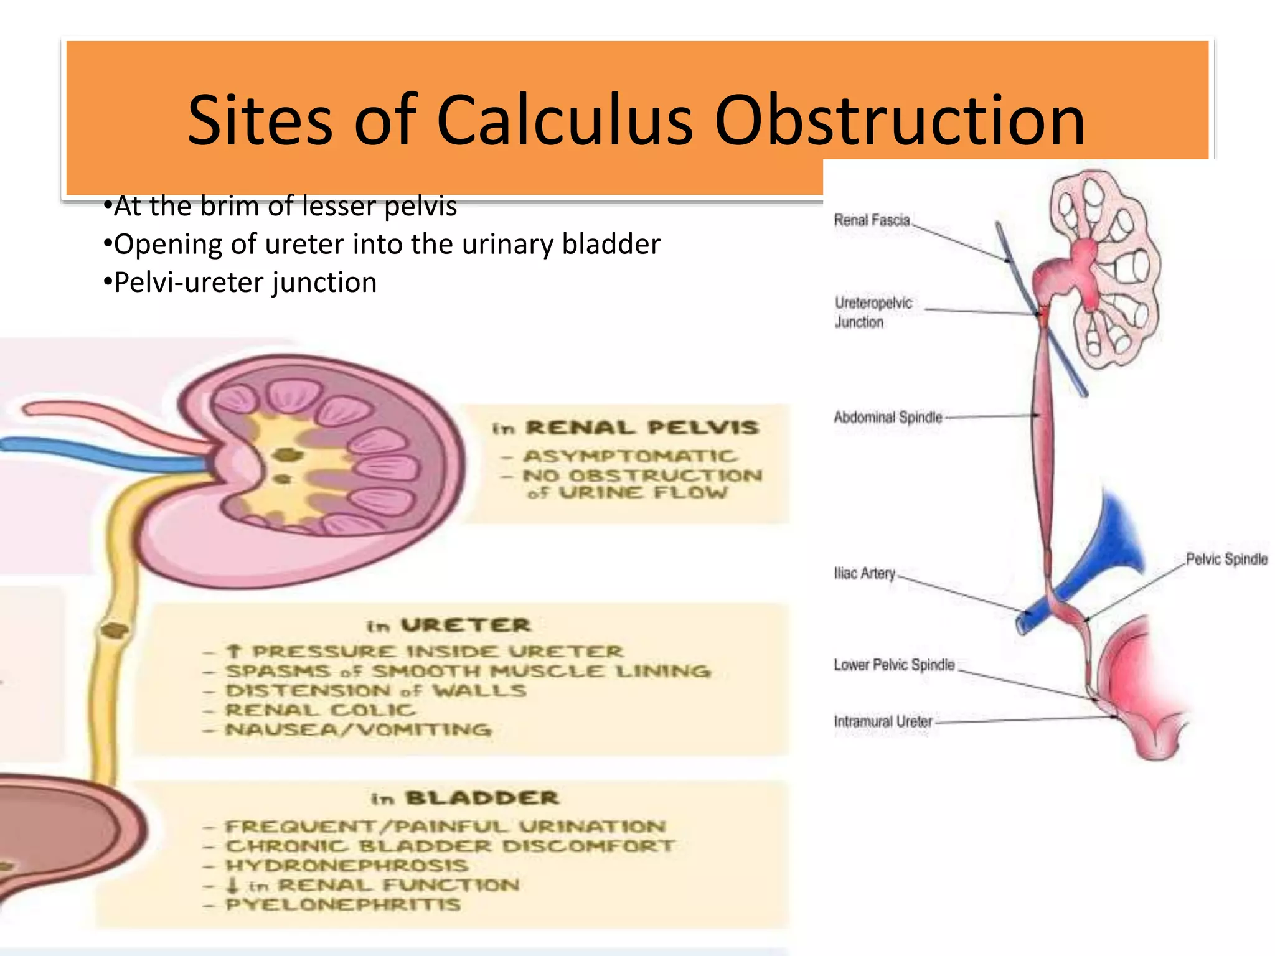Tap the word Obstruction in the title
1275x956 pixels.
coord(900,119)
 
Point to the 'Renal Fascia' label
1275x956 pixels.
coord(872,220)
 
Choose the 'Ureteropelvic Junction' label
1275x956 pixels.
coord(873,312)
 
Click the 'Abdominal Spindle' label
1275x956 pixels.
coord(888,417)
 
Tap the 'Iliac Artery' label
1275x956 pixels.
coord(864,573)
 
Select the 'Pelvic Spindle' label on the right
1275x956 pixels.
coord(1226,559)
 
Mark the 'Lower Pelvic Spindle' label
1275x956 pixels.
coord(894,665)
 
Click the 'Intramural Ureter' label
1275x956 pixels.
coord(883,721)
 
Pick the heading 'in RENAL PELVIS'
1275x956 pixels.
coord(626,428)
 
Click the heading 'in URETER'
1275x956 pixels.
coord(448,626)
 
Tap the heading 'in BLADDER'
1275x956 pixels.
coord(465,799)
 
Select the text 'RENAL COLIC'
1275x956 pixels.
coord(320,710)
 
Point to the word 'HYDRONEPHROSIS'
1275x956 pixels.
coord(346,866)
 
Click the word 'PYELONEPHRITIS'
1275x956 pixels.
coord(343,904)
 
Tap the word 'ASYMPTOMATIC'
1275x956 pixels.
coord(630,456)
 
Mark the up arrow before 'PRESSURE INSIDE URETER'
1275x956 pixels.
coord(233,652)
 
